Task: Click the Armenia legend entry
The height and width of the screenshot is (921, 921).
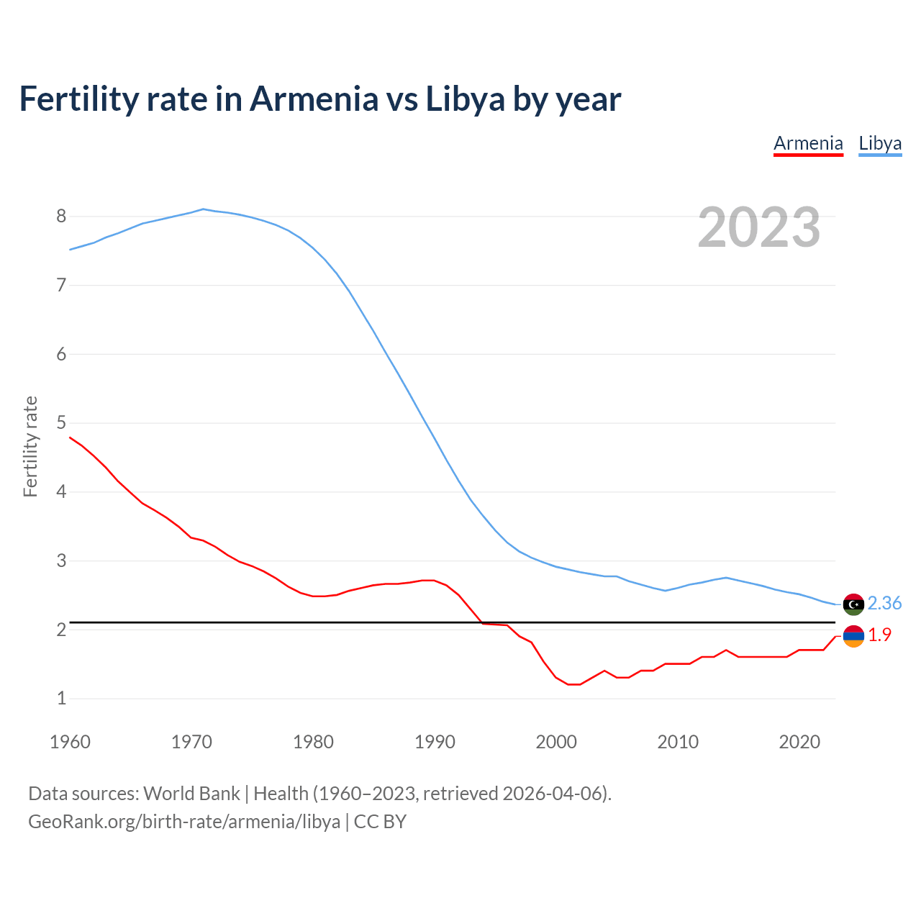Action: point(808,143)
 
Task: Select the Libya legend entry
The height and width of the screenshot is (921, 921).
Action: point(880,143)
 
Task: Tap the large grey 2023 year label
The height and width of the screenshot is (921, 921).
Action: point(759,227)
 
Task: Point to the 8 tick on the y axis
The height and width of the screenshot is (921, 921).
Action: point(61,216)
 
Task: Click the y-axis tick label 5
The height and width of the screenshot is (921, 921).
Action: point(61,422)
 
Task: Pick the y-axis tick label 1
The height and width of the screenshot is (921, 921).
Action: point(61,698)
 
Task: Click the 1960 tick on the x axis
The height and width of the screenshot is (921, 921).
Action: point(70,742)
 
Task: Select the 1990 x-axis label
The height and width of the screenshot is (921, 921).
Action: point(435,742)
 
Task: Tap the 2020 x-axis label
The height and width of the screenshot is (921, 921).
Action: point(799,742)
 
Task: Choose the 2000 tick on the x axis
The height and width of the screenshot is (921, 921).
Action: point(556,742)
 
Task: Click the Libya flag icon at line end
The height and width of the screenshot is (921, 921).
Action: point(853,604)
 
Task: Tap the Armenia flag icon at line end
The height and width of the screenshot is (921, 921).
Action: point(853,636)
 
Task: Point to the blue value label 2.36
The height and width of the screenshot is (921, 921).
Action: point(884,603)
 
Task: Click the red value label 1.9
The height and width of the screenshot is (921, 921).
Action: point(879,635)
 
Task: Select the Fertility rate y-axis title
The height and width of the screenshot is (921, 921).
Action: point(30,446)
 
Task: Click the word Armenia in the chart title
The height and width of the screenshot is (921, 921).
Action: point(314,99)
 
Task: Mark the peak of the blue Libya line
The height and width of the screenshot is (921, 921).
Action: point(204,209)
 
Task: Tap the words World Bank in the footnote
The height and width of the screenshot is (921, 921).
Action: point(191,793)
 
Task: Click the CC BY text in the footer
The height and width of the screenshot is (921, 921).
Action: point(380,821)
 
